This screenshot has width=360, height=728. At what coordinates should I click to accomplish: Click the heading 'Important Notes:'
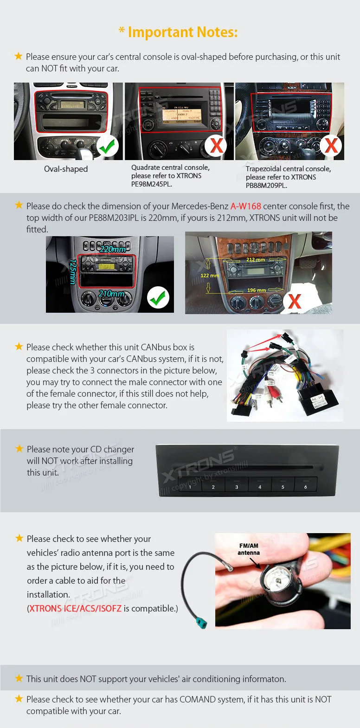tap(183, 32)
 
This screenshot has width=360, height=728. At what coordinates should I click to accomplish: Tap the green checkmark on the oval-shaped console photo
tap(108, 146)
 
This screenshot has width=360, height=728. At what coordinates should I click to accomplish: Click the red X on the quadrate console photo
tap(216, 146)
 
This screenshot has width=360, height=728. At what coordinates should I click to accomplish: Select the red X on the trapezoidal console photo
tap(331, 145)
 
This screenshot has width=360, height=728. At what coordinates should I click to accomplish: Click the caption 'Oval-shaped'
tap(66, 169)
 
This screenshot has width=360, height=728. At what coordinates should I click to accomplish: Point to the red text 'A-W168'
tap(246, 206)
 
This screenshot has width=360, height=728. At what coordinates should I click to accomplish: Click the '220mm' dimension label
tap(113, 249)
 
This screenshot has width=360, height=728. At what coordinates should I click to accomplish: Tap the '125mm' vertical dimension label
tap(73, 272)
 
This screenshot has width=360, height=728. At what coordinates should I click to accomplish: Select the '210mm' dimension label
tap(111, 294)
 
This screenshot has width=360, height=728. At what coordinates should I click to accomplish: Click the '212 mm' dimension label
tap(256, 260)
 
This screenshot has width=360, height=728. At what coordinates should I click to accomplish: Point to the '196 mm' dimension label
tap(256, 290)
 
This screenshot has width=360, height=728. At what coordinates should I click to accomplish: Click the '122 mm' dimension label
tap(210, 276)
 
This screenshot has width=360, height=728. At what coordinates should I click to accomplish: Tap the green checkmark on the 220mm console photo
tap(158, 298)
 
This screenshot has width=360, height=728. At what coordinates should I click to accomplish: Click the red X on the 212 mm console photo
tap(295, 301)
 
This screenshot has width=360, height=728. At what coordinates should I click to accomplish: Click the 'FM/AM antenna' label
tap(249, 549)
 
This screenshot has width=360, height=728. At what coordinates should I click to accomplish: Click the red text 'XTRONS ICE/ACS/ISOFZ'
tap(75, 608)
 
